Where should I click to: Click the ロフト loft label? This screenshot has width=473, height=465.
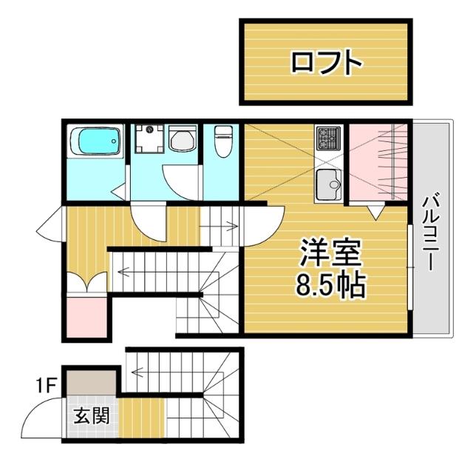click(x=326, y=62)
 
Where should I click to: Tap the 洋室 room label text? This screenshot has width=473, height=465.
click(x=330, y=255)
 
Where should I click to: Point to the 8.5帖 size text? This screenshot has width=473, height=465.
click(x=330, y=285)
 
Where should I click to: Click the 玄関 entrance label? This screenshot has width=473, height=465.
click(x=92, y=416)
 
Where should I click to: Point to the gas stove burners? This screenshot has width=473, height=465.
click(x=328, y=137)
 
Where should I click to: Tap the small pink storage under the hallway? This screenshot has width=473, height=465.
click(x=86, y=316)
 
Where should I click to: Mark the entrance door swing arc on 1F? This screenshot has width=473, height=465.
click(x=42, y=418)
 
